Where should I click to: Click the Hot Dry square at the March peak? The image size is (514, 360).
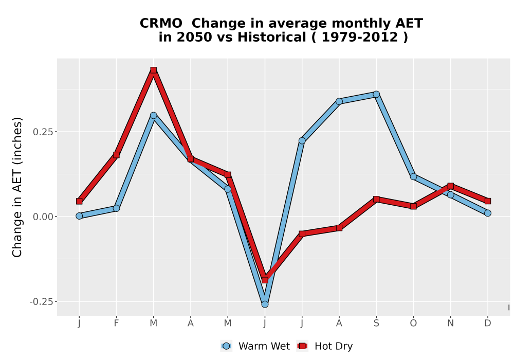[x=153, y=70]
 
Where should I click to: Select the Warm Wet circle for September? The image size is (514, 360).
[x=376, y=95]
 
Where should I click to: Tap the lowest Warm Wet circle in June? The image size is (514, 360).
[x=265, y=304]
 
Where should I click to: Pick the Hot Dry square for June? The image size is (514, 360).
[x=265, y=280]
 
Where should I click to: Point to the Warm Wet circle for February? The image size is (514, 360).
[x=116, y=208]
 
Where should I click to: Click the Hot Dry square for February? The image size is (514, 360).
[x=116, y=155]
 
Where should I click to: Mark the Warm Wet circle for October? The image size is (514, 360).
[x=413, y=177]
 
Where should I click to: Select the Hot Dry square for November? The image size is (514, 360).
[x=451, y=186]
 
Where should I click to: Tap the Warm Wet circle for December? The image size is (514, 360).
[x=488, y=213]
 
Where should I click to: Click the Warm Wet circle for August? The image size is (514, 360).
[x=339, y=101]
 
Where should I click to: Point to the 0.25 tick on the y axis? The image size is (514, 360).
[x=56, y=132]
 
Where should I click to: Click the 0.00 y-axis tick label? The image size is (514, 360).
[x=43, y=217]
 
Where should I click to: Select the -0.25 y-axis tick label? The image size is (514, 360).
[x=42, y=302]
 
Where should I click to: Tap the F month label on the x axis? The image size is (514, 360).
[x=116, y=323]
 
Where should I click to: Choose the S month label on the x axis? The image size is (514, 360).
[x=376, y=323]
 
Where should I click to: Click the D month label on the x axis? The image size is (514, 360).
[x=488, y=323]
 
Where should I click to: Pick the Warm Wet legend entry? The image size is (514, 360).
[x=255, y=346]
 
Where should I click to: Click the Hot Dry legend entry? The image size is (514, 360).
[x=324, y=346]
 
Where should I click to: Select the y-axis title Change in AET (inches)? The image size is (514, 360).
[x=17, y=187]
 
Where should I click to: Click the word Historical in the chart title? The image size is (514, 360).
[x=272, y=37]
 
